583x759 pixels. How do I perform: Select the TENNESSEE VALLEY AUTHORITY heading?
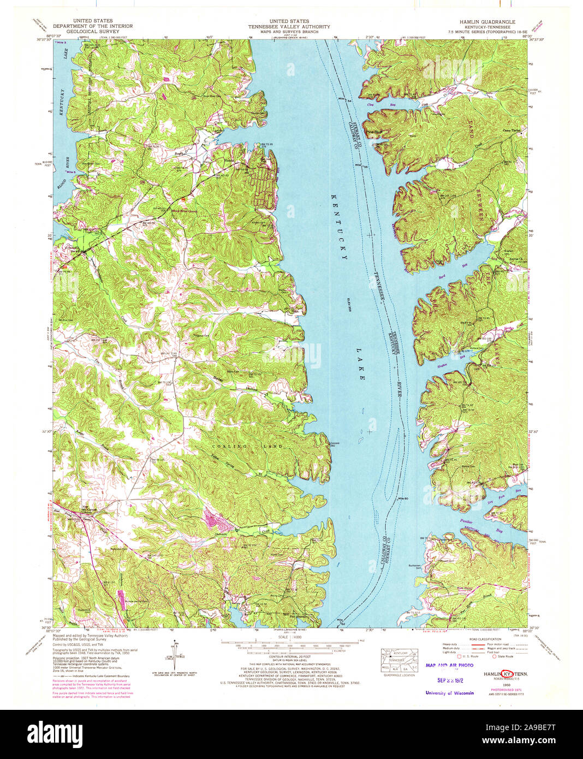coord(289,27)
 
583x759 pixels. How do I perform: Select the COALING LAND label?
coord(247,447)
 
